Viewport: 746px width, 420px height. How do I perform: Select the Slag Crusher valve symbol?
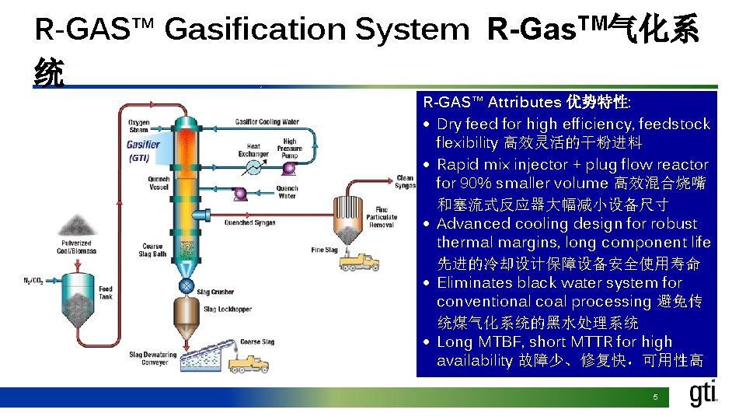[x=186, y=286]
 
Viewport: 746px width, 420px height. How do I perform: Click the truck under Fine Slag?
[x=359, y=261]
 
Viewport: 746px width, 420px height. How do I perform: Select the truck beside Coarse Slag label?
[x=249, y=362]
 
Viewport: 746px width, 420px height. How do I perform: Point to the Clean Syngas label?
[x=405, y=182]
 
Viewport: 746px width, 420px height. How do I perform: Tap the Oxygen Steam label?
[x=139, y=126]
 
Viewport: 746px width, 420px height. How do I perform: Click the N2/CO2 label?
[x=33, y=282]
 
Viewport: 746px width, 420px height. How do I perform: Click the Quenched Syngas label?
[x=249, y=223]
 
